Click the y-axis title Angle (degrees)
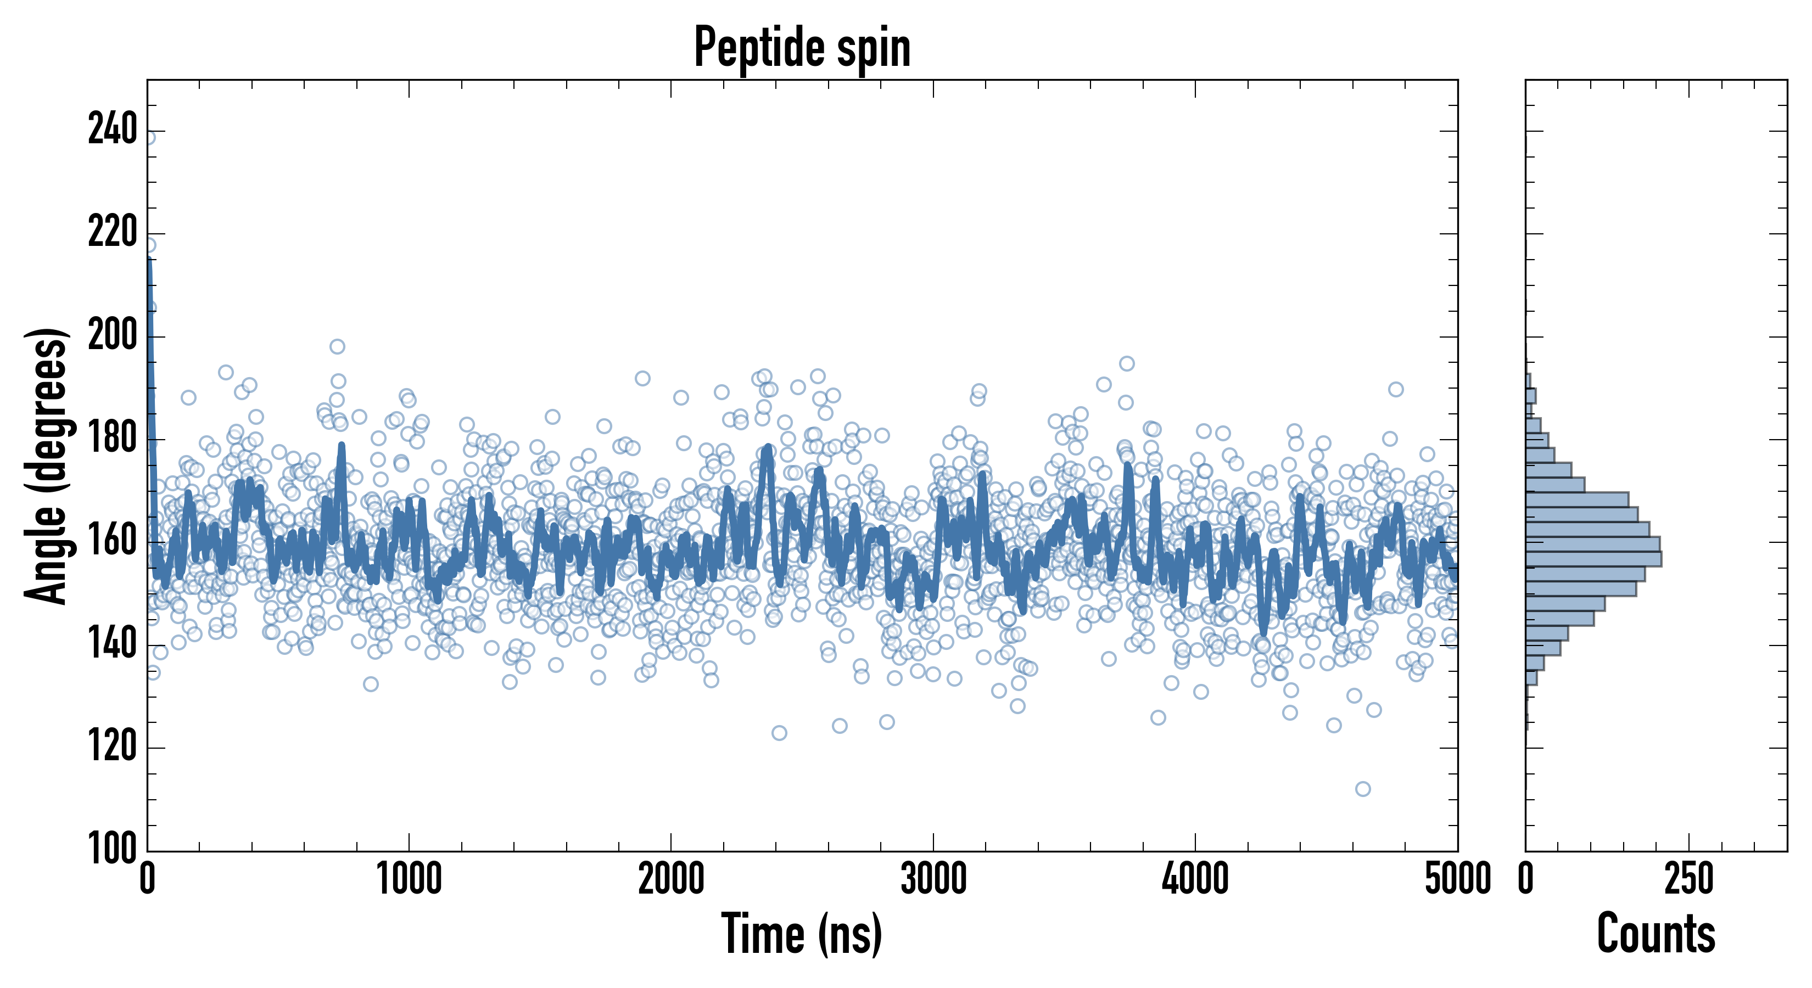(x=47, y=465)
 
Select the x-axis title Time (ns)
(x=802, y=934)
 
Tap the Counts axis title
(x=1656, y=934)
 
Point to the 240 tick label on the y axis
(x=113, y=131)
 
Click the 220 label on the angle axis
(x=113, y=233)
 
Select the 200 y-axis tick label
(x=113, y=336)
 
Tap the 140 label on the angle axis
(x=113, y=645)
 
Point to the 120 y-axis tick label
(x=113, y=748)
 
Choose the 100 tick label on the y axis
(x=113, y=850)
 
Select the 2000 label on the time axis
(x=671, y=880)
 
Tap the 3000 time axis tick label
(x=933, y=880)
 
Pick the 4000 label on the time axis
(x=1195, y=880)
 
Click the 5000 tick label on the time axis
(x=1457, y=880)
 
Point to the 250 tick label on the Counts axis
(x=1689, y=880)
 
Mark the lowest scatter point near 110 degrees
(x=1362, y=789)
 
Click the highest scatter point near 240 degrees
(x=149, y=137)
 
